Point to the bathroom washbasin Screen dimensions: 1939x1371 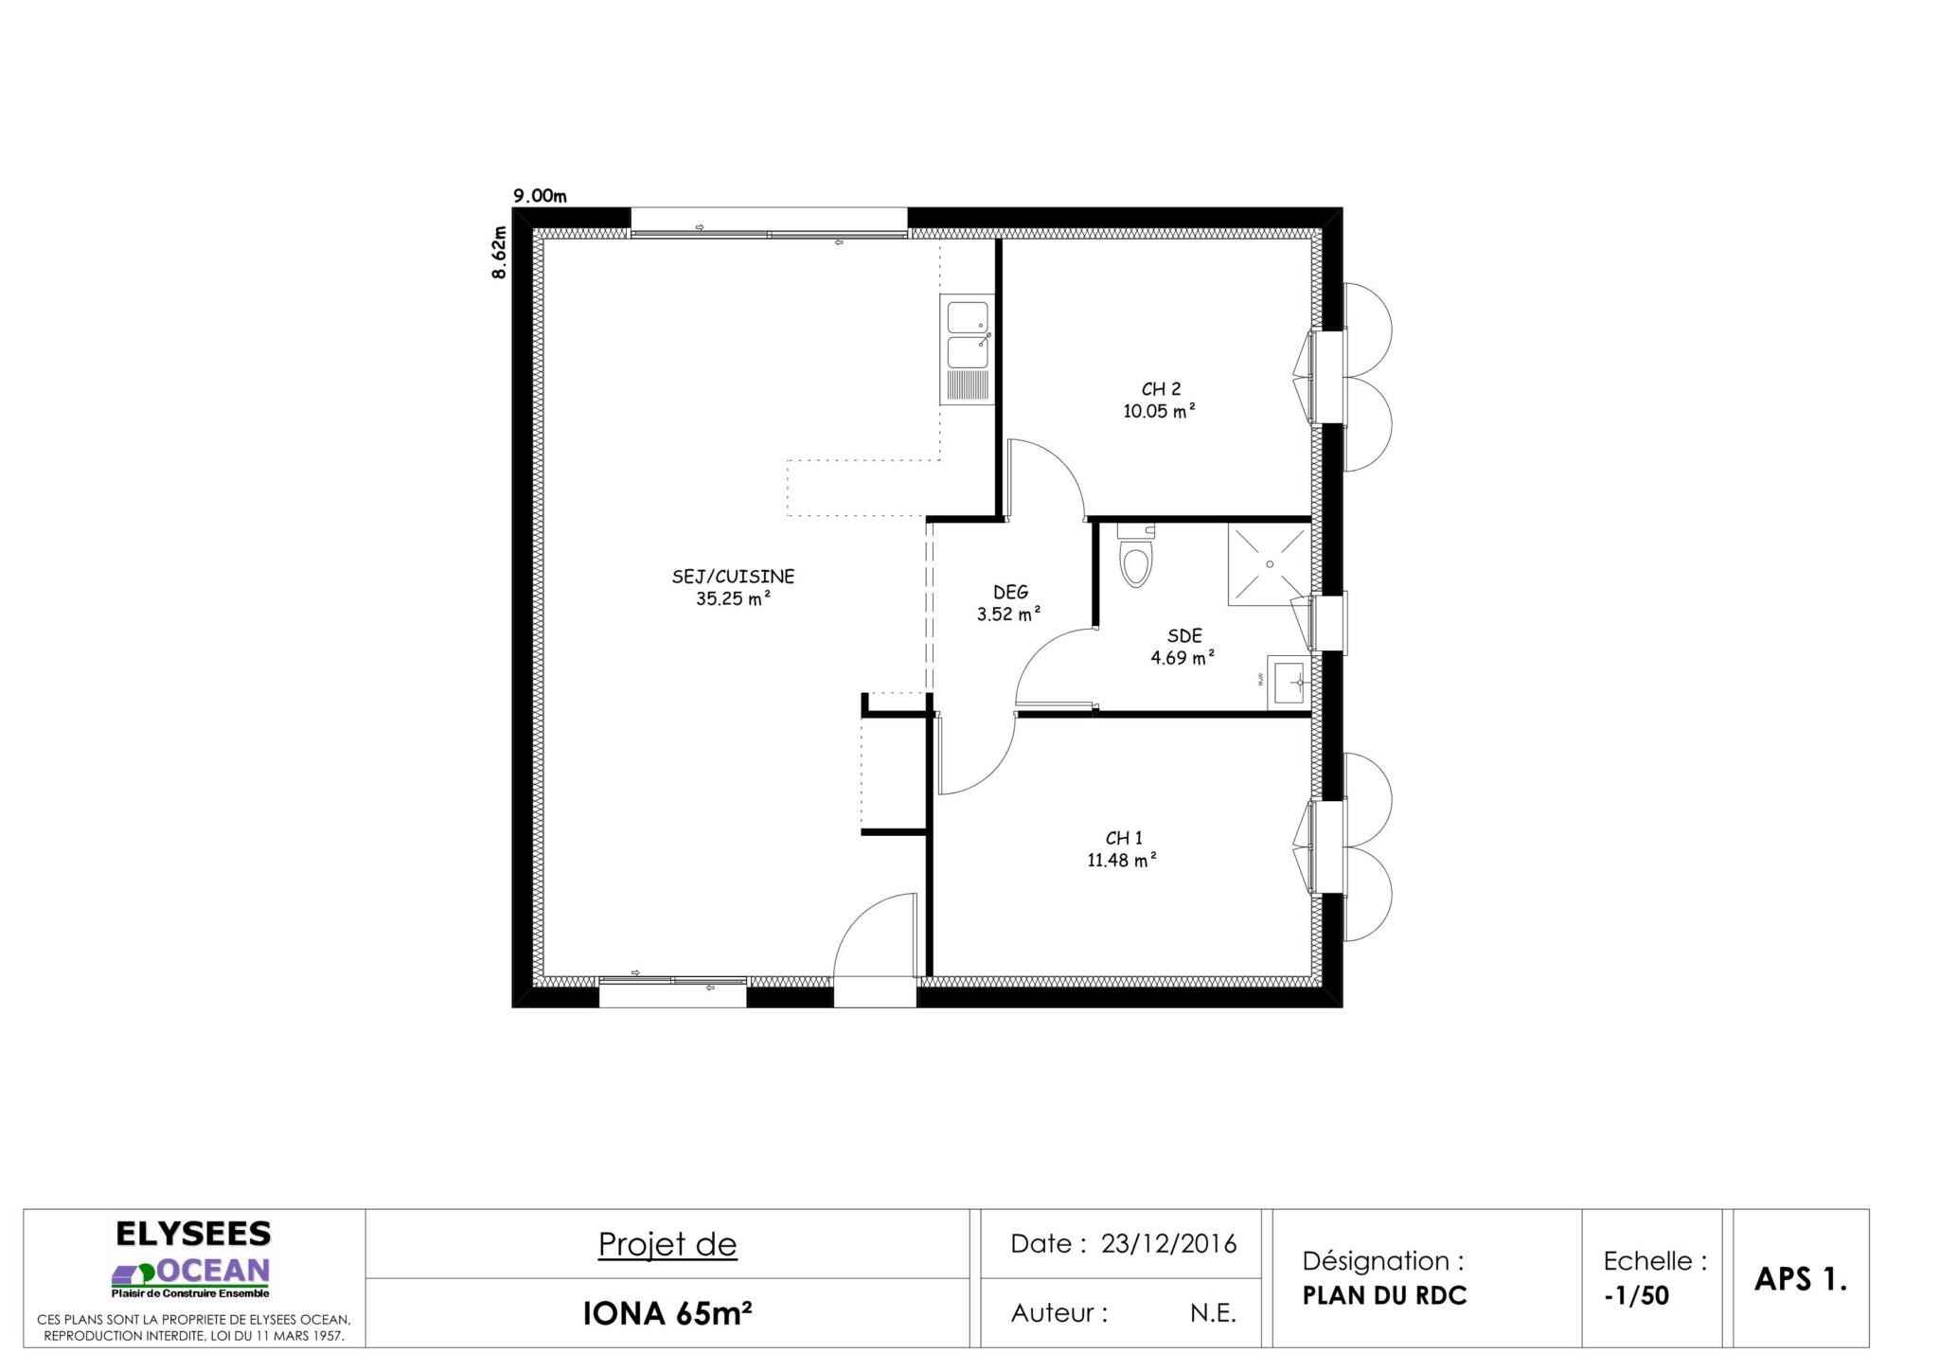coord(1289,682)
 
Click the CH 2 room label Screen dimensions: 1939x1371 coord(1161,389)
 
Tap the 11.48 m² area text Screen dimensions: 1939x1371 coord(1123,861)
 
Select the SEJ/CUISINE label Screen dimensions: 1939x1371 coord(733,576)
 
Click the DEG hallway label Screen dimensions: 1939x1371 coord(1011,592)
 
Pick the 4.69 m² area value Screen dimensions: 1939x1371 coord(1183,657)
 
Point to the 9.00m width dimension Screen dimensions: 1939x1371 coord(540,197)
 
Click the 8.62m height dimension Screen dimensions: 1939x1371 coord(499,252)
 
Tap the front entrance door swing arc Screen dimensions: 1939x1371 coord(857,923)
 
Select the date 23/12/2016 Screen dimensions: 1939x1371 coord(1168,1243)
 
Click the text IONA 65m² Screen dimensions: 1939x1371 coord(667,1313)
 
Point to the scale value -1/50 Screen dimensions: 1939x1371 coord(1636,1295)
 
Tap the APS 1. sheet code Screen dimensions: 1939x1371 coord(1801,1279)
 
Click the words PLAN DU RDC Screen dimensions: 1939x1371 coord(1384,1296)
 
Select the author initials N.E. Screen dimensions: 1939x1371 coord(1213,1313)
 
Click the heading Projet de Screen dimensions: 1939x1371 coord(667,1245)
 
